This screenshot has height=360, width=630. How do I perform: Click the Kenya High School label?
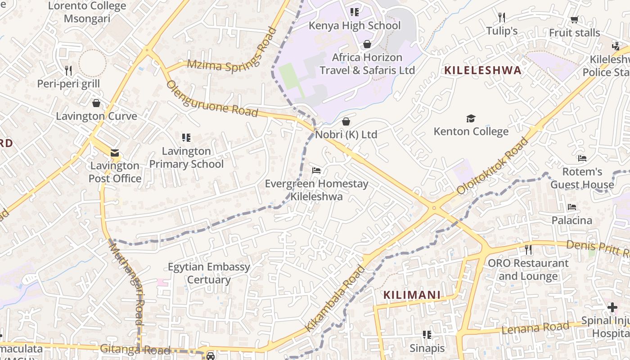(x=354, y=26)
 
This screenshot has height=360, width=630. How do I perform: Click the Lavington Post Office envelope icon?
(x=115, y=153)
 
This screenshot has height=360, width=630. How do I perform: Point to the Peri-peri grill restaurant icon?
(x=68, y=70)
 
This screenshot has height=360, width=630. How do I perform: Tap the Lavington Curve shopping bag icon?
(x=96, y=103)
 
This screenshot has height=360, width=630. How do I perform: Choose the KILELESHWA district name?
(x=483, y=70)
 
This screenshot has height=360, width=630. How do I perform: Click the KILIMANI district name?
(x=412, y=295)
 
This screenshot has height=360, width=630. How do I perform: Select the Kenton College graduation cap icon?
(x=471, y=118)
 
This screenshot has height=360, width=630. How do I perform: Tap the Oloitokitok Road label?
(x=492, y=166)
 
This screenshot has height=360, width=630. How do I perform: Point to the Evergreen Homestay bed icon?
(x=316, y=171)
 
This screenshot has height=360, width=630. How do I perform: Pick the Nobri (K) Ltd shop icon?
(x=346, y=121)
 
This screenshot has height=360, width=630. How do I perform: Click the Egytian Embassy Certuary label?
(x=209, y=273)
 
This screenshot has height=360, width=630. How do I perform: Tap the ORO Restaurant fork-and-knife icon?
(x=528, y=249)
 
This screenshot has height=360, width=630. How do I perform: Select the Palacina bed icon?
(x=572, y=207)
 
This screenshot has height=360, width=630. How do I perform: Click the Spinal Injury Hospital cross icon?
(x=612, y=307)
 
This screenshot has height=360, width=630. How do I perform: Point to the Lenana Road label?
(x=535, y=328)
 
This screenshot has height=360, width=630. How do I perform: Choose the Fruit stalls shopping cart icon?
(x=574, y=20)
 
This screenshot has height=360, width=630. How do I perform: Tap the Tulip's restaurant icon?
(x=502, y=18)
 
